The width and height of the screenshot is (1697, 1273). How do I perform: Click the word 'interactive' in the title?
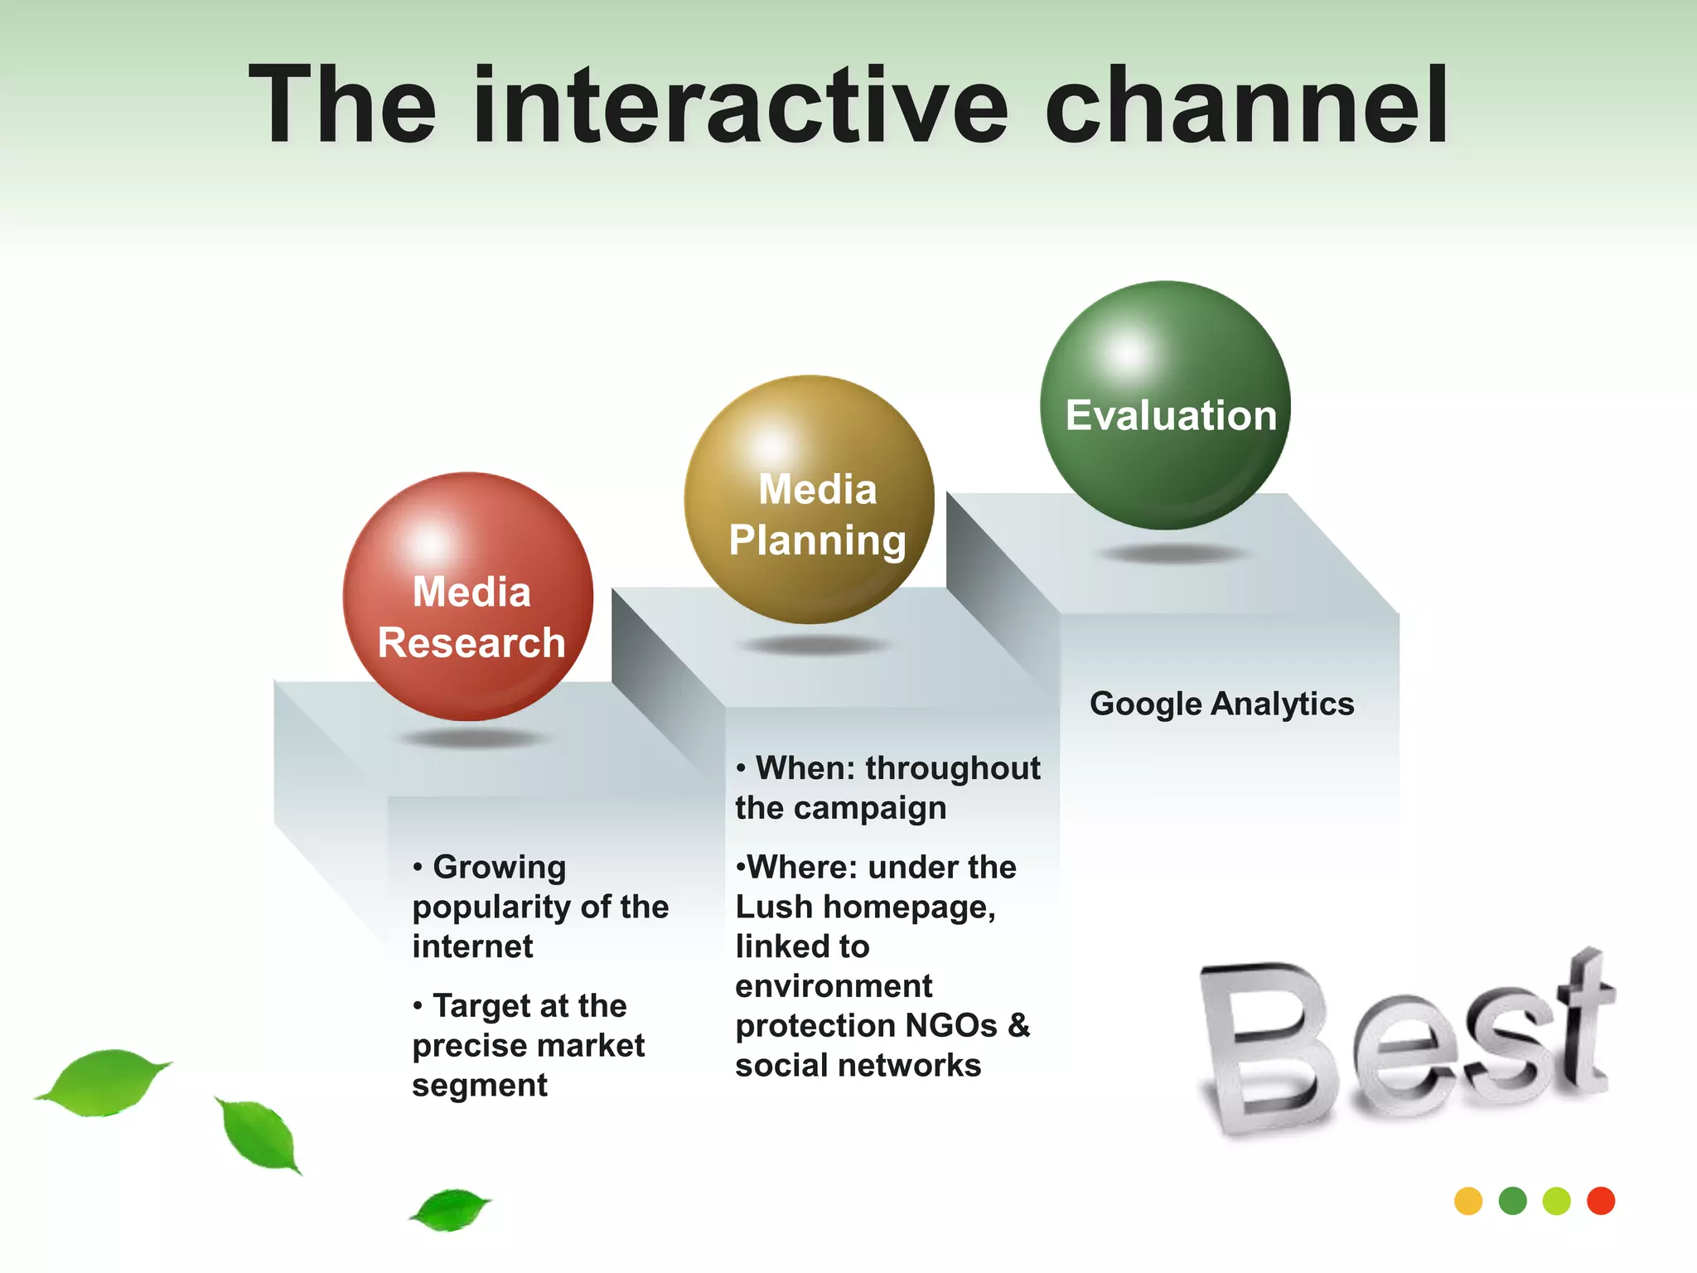pos(740,108)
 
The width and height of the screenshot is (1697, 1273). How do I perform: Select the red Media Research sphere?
pos(468,597)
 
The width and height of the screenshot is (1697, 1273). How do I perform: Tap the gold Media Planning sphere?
pos(810,500)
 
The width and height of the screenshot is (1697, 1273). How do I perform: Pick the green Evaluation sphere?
pos(1165,405)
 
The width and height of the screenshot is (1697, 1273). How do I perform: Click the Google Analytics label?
pos(1221,704)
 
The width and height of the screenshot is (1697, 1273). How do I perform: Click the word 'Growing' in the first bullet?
pos(499,867)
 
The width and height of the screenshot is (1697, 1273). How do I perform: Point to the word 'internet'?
pos(472,946)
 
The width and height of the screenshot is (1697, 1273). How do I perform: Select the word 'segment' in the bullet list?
pos(480,1085)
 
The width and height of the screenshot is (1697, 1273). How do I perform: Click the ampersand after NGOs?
pos(1019,1025)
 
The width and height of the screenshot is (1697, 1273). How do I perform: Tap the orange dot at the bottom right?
pos(1468,1201)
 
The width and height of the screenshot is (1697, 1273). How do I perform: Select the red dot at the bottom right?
pos(1601,1201)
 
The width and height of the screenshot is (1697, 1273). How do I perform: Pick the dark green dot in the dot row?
pos(1513,1201)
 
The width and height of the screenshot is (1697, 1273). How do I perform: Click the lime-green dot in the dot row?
pos(1557,1201)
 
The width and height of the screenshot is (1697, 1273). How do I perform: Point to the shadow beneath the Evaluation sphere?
pos(1172,554)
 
